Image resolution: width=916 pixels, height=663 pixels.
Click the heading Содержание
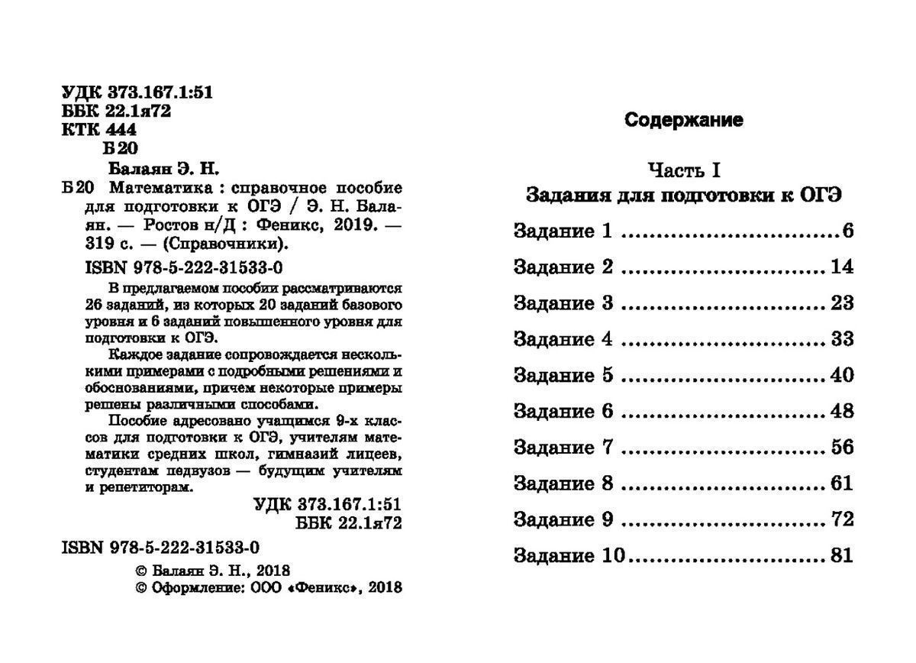click(683, 120)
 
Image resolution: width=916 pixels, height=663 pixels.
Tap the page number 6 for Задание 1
click(847, 231)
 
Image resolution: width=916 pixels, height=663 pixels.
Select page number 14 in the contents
click(843, 267)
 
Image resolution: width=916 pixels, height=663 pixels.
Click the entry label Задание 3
click(563, 303)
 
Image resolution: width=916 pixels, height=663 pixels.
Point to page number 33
click(843, 339)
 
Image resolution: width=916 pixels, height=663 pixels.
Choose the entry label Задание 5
click(563, 376)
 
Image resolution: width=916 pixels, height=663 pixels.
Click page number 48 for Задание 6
click(843, 412)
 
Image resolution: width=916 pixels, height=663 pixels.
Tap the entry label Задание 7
click(563, 448)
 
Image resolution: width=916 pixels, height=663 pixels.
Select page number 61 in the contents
click(843, 484)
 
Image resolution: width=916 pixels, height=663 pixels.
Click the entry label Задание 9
click(563, 520)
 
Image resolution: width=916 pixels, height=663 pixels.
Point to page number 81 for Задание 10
click(843, 556)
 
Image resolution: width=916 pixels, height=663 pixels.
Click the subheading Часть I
click(683, 169)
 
